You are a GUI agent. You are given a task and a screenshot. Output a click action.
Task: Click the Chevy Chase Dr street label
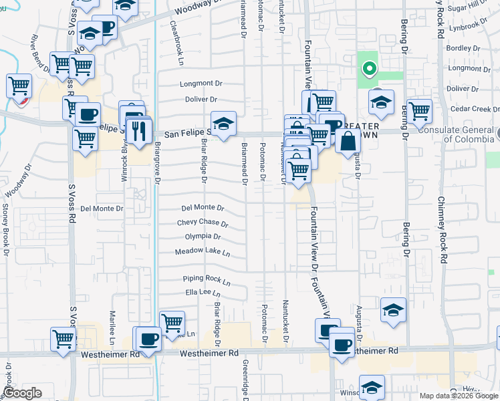pyautogui.click(x=203, y=223)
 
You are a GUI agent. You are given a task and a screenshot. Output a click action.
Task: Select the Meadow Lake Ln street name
pyautogui.click(x=203, y=252)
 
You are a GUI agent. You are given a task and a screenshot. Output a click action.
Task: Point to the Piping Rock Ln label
pyautogui.click(x=207, y=279)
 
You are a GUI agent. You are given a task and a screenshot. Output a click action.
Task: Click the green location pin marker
pyautogui.click(x=368, y=68)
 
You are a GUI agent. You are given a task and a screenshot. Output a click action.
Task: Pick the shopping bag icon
pyautogui.click(x=348, y=141)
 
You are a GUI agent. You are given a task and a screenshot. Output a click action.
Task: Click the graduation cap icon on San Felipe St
pyautogui.click(x=223, y=124)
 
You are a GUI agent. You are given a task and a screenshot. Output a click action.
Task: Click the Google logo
pyautogui.click(x=22, y=393)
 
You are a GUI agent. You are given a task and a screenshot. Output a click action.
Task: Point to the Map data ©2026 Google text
pyautogui.click(x=459, y=396)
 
